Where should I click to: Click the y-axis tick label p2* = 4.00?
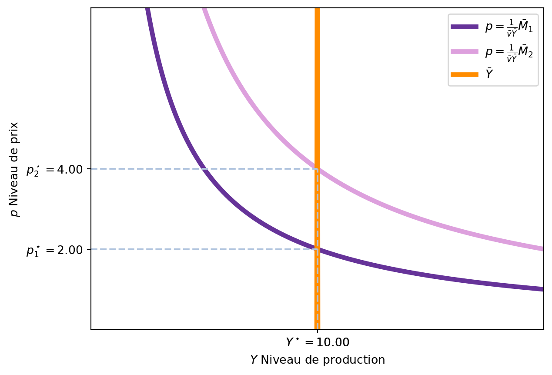click(x=54, y=169)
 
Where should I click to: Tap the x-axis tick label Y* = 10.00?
click(x=317, y=342)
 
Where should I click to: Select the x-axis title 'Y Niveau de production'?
click(x=317, y=360)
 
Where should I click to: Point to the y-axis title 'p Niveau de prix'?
click(x=15, y=169)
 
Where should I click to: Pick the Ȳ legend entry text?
click(x=489, y=74)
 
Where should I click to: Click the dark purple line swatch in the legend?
click(x=464, y=27)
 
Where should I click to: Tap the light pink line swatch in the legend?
click(x=464, y=51)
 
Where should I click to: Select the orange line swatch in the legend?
click(x=464, y=74)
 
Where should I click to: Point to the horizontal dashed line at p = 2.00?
click(x=200, y=249)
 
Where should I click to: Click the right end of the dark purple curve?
click(x=542, y=289)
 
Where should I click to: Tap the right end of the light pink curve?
click(x=542, y=249)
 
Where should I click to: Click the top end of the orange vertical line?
click(x=317, y=10)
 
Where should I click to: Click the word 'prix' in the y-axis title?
click(x=15, y=129)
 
